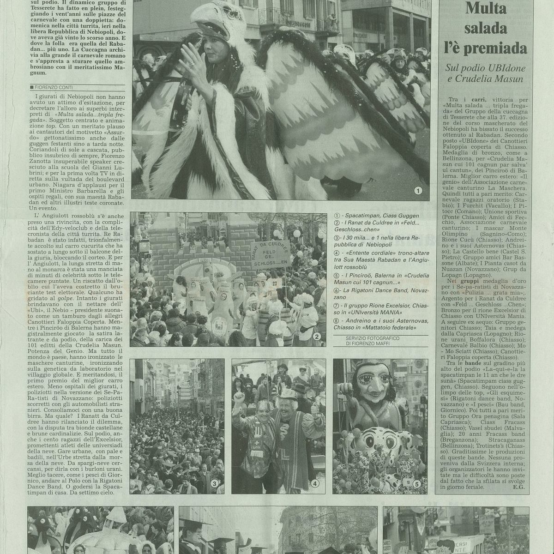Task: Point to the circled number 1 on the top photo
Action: (419, 189)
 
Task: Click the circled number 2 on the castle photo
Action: (317, 337)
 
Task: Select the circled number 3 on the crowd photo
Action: (214, 484)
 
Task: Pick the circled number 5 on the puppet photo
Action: (417, 484)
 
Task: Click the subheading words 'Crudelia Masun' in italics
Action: (497, 79)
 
